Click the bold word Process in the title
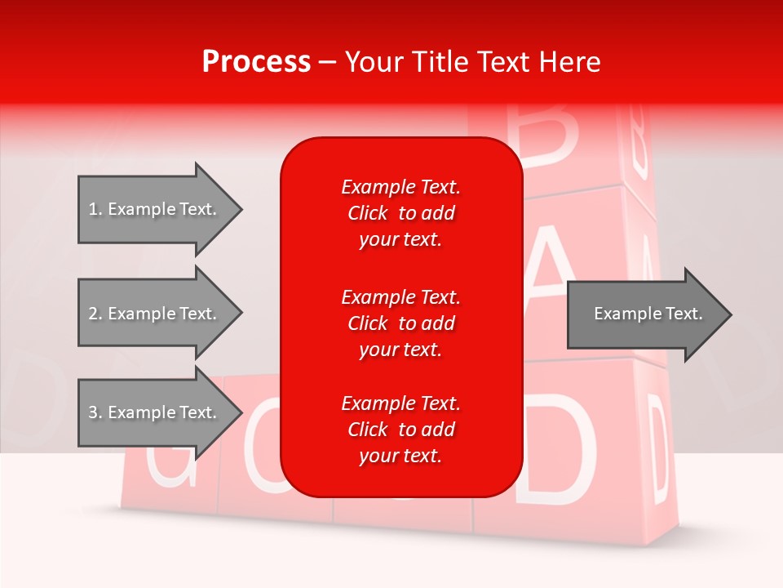[x=256, y=62]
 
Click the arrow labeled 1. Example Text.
[x=155, y=209]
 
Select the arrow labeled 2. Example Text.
[x=155, y=314]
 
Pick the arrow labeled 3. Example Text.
[x=155, y=412]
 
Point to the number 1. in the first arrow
[x=95, y=209]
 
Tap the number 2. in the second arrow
[x=95, y=314]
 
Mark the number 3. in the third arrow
[x=95, y=412]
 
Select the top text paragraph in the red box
[x=400, y=213]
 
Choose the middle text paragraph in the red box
[x=400, y=323]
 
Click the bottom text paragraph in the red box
[x=400, y=430]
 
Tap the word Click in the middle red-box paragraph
[x=367, y=323]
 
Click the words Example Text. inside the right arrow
[x=648, y=314]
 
